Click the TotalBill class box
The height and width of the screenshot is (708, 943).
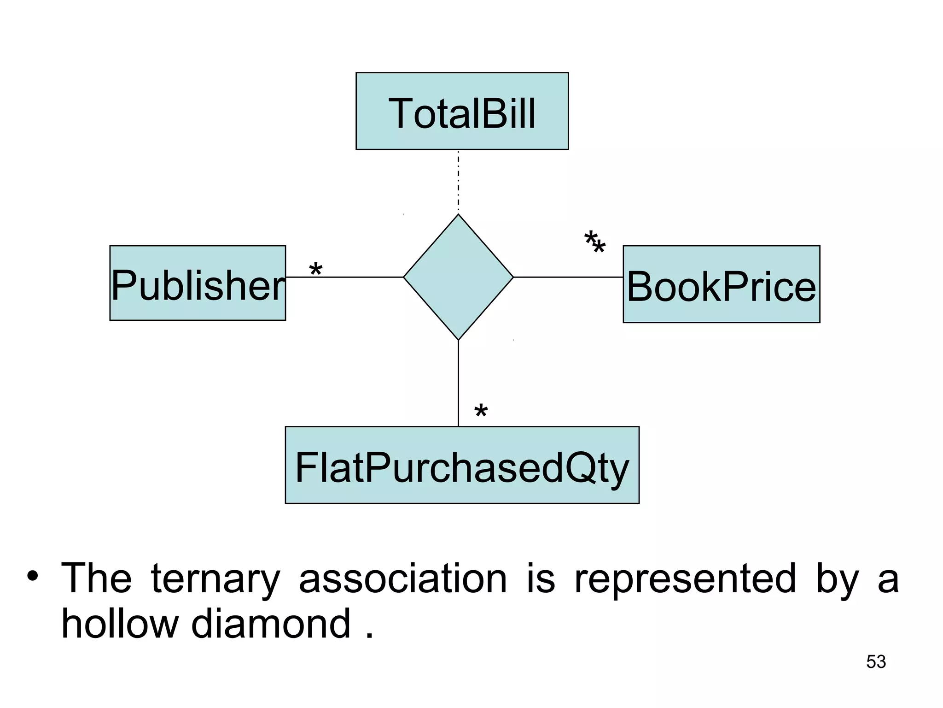pos(462,111)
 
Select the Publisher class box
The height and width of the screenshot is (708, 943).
pos(198,283)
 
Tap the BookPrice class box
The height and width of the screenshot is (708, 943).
pos(721,284)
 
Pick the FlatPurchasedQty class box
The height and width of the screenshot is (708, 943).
pos(462,465)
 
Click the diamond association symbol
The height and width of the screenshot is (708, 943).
pos(458,277)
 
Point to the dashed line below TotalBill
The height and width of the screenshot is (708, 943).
pos(458,182)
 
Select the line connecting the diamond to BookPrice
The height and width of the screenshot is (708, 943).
pos(568,277)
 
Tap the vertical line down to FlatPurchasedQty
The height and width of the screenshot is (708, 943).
pos(458,383)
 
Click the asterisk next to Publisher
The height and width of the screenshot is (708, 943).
pos(315,269)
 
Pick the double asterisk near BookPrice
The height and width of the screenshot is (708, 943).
pos(594,243)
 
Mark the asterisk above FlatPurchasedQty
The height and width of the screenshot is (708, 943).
pos(481,411)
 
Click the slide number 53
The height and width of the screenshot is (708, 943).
pos(876,662)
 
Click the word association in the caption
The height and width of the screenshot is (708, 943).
pos(403,578)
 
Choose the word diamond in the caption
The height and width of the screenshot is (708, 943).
pos(271,623)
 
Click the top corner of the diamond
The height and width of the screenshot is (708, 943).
pos(458,216)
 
